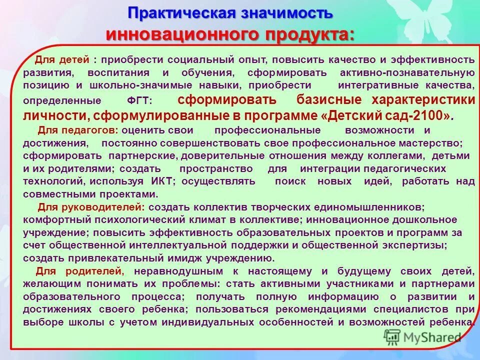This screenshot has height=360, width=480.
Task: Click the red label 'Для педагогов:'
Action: (x=78, y=130)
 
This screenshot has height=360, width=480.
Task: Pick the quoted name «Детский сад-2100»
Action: (x=387, y=115)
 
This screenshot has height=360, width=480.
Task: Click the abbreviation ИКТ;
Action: (x=163, y=181)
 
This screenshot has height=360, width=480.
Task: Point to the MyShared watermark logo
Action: (x=422, y=336)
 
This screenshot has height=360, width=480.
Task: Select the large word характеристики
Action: (x=424, y=99)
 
